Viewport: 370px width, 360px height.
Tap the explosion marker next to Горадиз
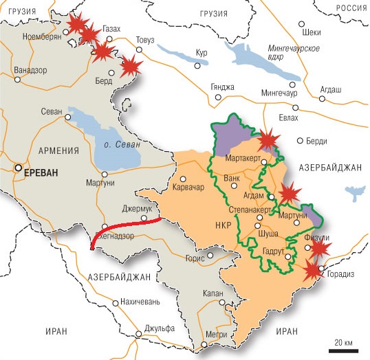pos(314,269)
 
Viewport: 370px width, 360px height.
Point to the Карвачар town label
pos(186,186)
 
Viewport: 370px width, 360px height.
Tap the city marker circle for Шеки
pos(302,24)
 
